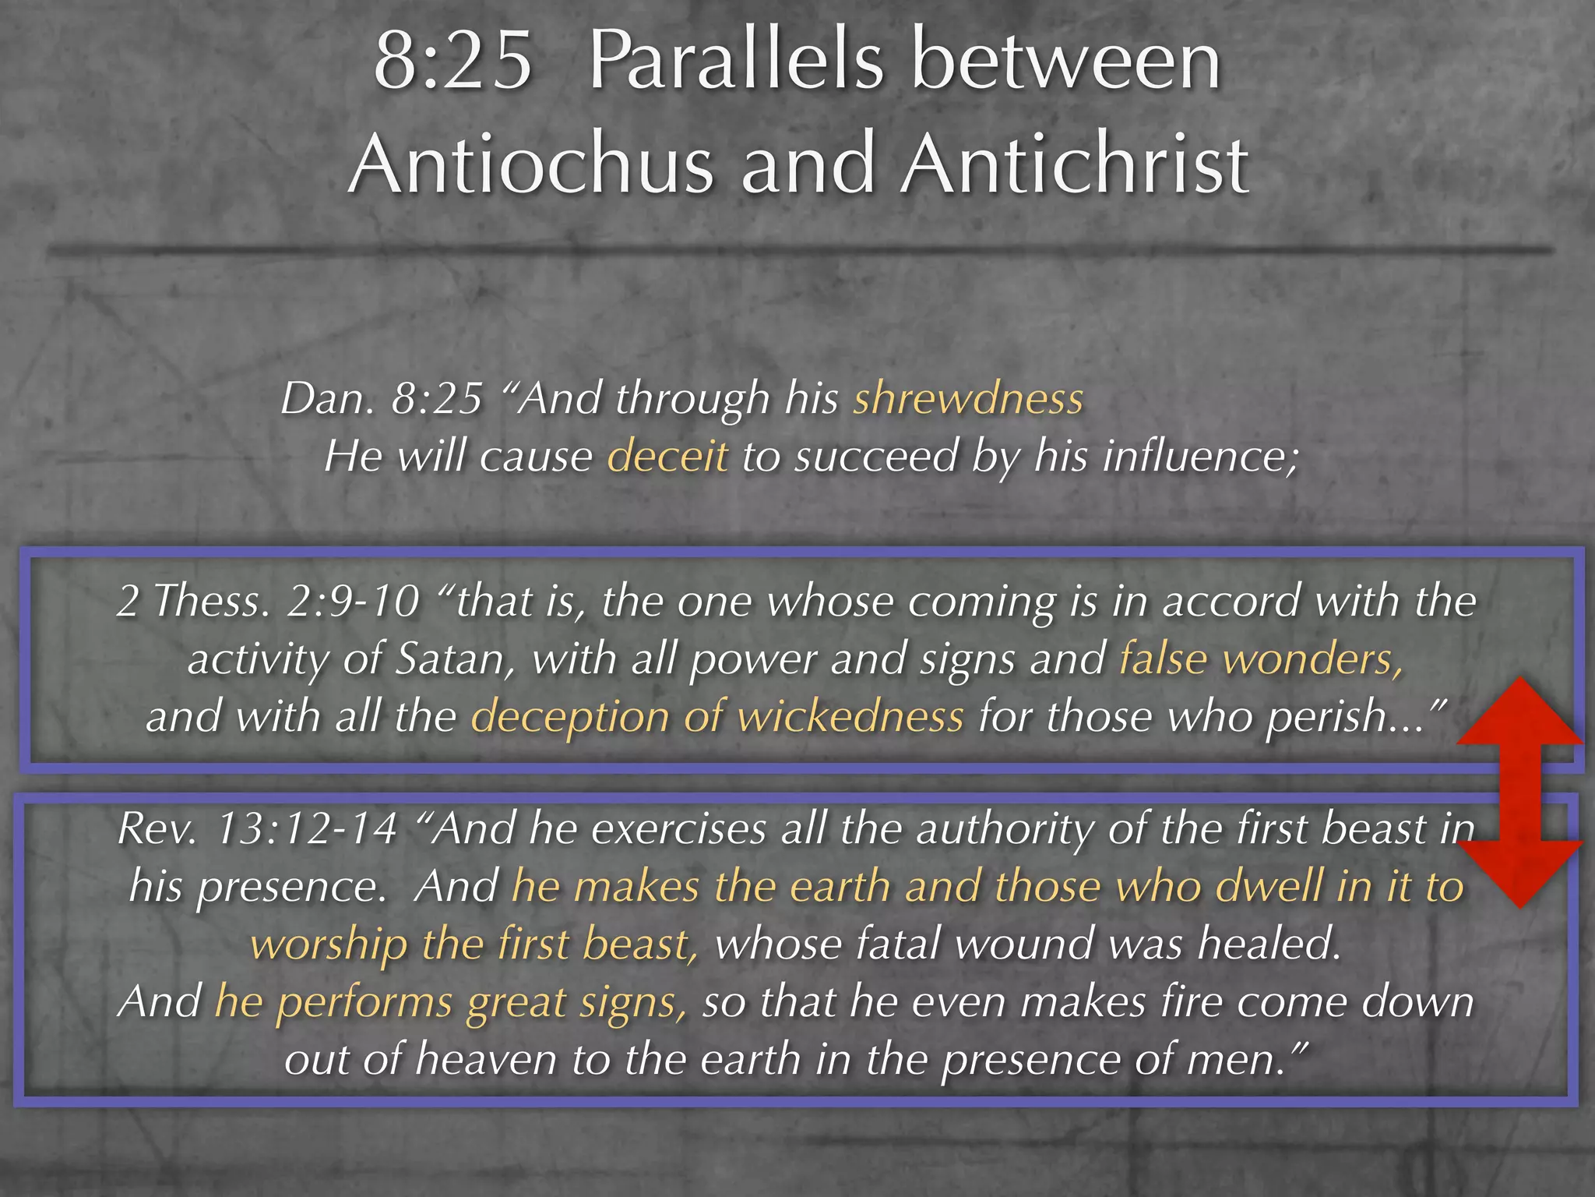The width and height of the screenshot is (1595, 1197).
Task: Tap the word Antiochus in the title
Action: (530, 165)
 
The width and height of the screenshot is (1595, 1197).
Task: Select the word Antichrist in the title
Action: (1075, 165)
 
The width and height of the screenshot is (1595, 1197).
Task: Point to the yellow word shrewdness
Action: (968, 399)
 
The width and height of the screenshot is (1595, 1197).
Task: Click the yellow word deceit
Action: (667, 457)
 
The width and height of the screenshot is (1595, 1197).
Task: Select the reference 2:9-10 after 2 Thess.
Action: (354, 602)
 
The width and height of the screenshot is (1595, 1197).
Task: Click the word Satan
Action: (455, 660)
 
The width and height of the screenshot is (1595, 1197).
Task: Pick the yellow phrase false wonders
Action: (1261, 660)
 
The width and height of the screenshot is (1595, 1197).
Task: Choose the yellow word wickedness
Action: (850, 718)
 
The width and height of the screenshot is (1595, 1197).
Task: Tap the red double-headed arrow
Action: (1519, 791)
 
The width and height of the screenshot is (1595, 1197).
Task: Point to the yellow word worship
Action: (329, 945)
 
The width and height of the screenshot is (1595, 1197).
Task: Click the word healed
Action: (1269, 945)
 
